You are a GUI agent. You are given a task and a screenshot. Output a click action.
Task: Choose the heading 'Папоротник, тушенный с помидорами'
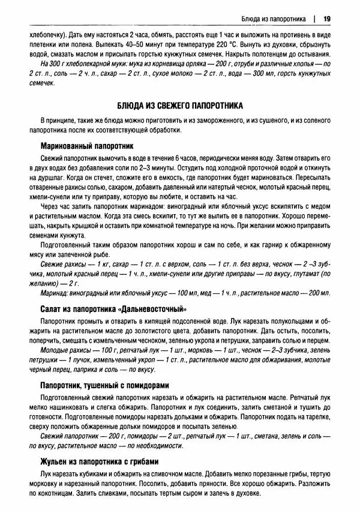(x=104, y=385)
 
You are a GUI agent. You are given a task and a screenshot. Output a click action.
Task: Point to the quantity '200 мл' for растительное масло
(x=317, y=293)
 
